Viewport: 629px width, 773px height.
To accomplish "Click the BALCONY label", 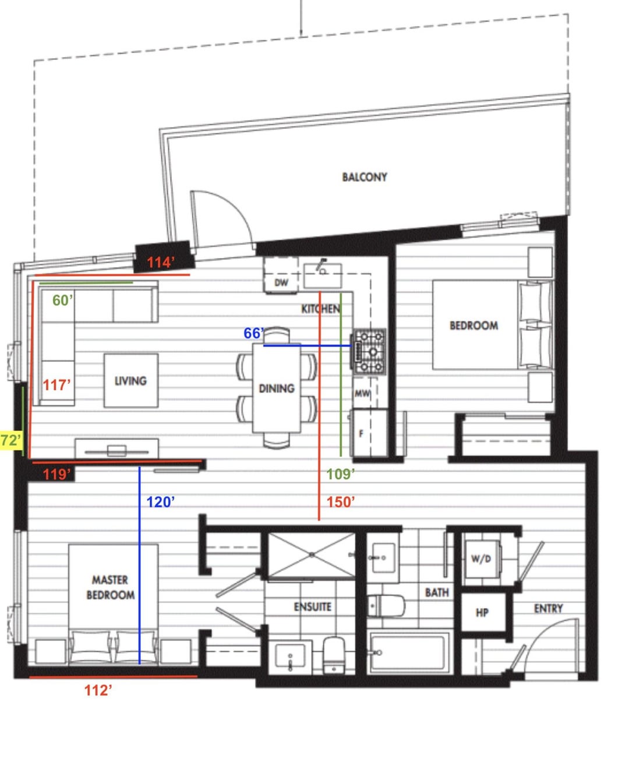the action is pos(365,177).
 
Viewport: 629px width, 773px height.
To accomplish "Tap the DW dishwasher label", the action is pos(281,283).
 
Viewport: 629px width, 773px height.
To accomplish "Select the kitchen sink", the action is pos(323,276).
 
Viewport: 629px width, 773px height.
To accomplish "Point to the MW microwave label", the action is pos(362,393).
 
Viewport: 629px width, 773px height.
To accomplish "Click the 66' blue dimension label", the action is pos(253,333).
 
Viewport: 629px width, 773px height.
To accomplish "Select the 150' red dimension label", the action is pos(341,502).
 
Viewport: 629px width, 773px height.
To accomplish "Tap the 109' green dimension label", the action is pos(341,474).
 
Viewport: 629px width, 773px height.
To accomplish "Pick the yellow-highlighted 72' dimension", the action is pos(10,440).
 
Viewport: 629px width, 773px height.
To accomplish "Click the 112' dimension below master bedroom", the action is pos(98,690).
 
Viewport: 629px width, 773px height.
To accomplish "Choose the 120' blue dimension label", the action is pos(160,502).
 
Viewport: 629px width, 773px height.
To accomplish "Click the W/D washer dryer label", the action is pos(481,559).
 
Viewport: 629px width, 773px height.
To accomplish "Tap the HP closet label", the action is pos(482,613).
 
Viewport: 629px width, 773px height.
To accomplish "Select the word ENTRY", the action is pos(548,609).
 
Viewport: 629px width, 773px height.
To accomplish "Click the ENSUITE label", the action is pos(312,607).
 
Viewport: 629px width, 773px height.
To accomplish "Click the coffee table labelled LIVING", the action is pos(131,380).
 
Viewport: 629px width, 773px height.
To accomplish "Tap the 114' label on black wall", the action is pos(161,262).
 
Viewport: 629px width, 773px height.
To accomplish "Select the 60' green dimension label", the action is pos(62,300).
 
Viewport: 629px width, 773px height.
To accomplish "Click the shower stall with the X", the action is pos(312,555).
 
